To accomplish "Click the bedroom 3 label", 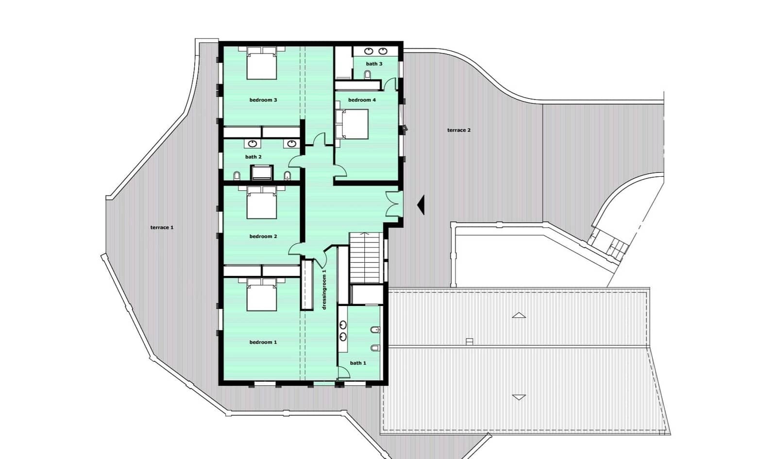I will point(263,100).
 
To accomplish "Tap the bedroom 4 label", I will point(362,100).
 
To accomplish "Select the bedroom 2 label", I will point(263,237).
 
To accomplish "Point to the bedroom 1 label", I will point(263,342).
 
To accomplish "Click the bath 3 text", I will point(374,64).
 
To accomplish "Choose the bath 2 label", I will point(253,157).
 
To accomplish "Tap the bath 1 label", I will point(358,363).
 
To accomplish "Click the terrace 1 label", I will point(162,227).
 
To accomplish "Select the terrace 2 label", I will point(459,130).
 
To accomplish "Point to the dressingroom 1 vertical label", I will point(324,289).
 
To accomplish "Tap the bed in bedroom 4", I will point(353,123).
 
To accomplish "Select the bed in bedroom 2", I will point(261,203).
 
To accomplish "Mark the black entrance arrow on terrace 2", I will point(422,204).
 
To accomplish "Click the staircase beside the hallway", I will point(366,257).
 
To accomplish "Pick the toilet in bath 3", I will point(368,74).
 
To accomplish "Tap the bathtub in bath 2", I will point(262,172).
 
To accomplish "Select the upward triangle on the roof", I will point(519,315).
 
